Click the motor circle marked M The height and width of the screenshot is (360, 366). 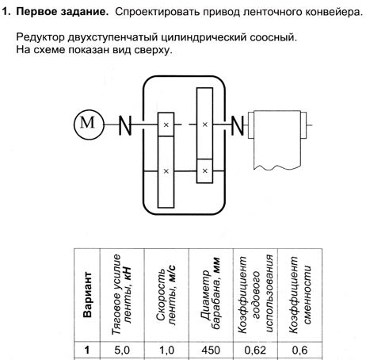(x=89, y=124)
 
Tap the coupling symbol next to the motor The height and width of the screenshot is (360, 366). (x=124, y=125)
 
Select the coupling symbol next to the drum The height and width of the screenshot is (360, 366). (x=238, y=125)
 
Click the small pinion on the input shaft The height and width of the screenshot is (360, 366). (x=166, y=124)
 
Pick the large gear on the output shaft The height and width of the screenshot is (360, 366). (x=204, y=124)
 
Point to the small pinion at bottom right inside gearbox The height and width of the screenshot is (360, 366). (x=204, y=171)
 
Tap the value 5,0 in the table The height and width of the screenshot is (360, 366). (x=122, y=350)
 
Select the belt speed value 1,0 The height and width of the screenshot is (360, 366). (x=166, y=350)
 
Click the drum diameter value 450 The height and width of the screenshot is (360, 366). (x=211, y=350)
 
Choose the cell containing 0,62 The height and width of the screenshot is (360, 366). (x=255, y=350)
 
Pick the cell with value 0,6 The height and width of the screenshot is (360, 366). (x=299, y=350)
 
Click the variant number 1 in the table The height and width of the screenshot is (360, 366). (x=87, y=350)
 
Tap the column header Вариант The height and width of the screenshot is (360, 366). (x=87, y=294)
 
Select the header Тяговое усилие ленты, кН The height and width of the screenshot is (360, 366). (x=121, y=294)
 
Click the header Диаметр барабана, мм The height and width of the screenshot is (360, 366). (x=211, y=294)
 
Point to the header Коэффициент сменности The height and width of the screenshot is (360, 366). (x=299, y=294)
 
